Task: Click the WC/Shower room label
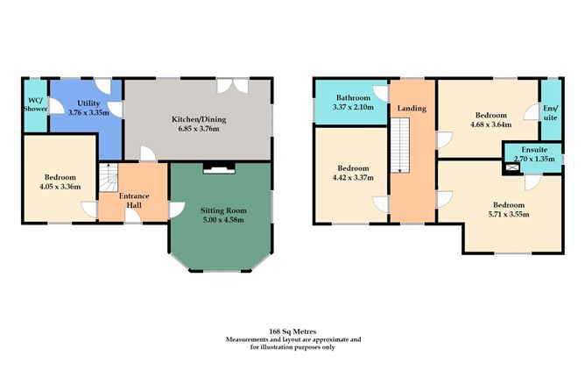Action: pos(34,106)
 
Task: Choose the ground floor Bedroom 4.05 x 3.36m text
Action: pos(58,187)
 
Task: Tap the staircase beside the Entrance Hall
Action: pos(107,181)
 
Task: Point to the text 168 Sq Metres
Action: pos(292,331)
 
